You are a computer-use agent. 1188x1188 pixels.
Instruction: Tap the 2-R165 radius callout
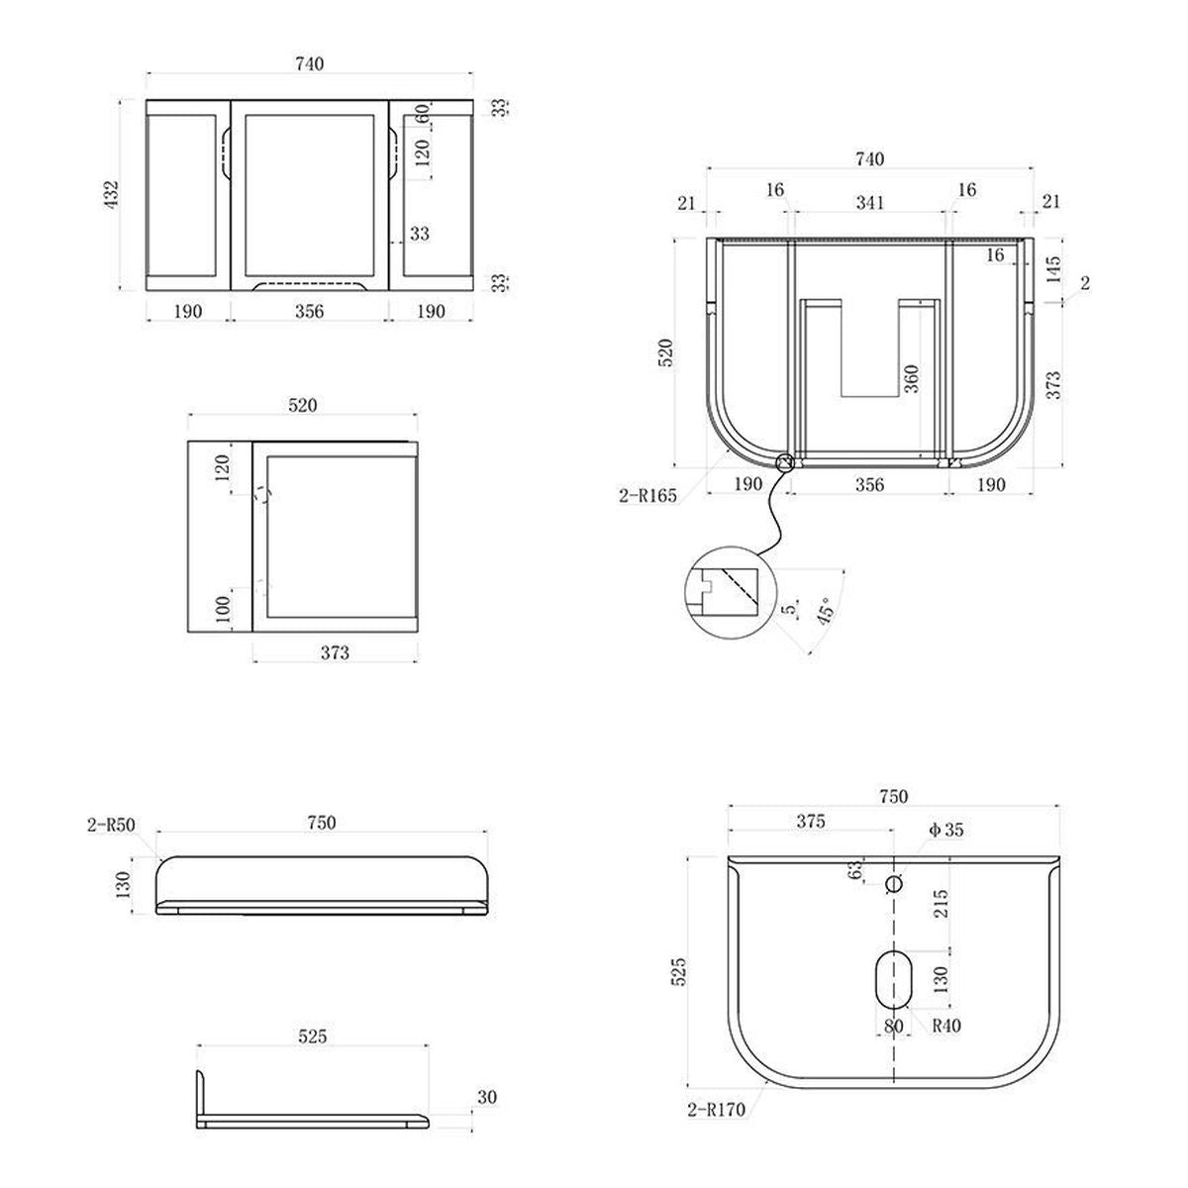(647, 495)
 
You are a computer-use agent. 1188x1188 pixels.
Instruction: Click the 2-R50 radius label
(111, 825)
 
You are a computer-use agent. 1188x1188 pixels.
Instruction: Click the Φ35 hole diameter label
(945, 830)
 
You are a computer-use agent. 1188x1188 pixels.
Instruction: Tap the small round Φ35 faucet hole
(893, 884)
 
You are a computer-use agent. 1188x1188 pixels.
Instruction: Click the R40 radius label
(946, 1026)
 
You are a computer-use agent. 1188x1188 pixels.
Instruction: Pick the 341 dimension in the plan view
(870, 202)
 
